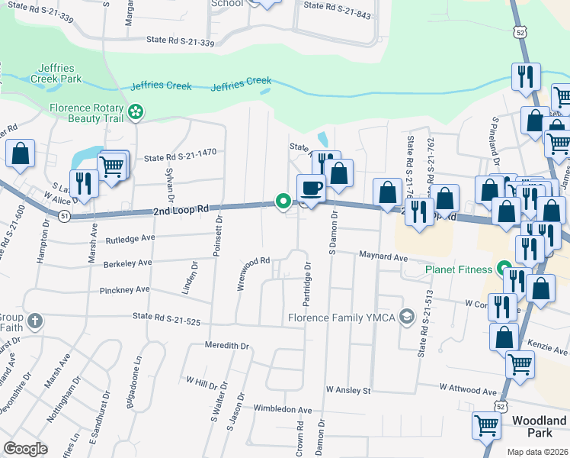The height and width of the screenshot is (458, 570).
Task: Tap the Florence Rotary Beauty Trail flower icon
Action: pyautogui.click(x=136, y=113)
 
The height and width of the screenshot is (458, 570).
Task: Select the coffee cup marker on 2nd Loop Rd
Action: pyautogui.click(x=311, y=188)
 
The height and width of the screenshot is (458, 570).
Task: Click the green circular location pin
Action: pyautogui.click(x=283, y=202)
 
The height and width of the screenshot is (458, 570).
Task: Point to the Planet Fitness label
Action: pyautogui.click(x=460, y=269)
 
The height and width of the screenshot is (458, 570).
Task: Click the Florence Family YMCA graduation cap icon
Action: pyautogui.click(x=408, y=317)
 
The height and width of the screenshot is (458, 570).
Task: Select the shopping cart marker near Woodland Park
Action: pyautogui.click(x=487, y=424)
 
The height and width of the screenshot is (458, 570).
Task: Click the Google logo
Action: pyautogui.click(x=25, y=448)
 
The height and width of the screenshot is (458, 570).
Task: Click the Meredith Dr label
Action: pyautogui.click(x=227, y=346)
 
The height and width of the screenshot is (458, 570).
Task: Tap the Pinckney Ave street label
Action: pyautogui.click(x=125, y=290)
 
